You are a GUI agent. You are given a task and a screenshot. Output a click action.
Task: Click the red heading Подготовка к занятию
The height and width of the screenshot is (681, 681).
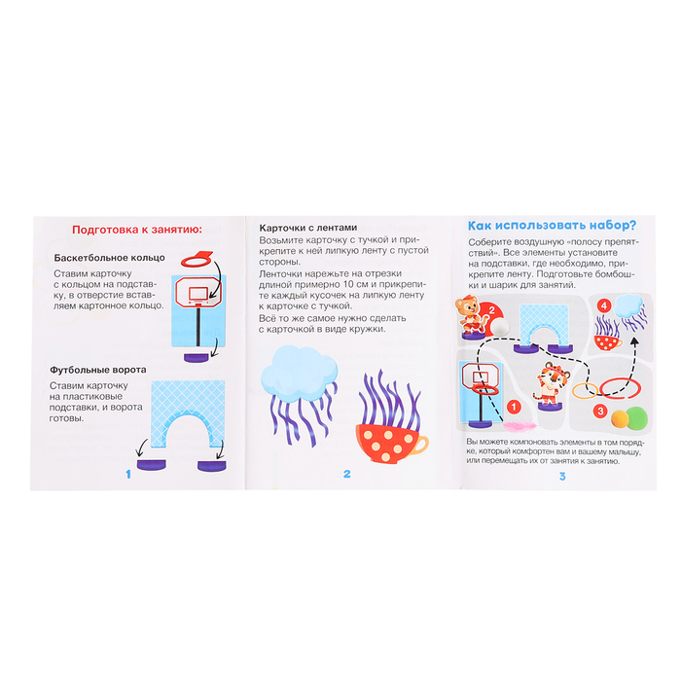click(137, 230)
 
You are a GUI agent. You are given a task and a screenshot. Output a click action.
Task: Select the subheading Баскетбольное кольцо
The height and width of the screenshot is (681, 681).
click(109, 258)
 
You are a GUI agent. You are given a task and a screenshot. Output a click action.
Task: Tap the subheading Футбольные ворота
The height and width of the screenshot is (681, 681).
click(97, 370)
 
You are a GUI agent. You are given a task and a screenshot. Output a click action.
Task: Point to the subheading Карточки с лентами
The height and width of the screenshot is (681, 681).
click(308, 228)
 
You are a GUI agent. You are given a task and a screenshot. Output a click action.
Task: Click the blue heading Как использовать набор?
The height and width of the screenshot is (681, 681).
click(552, 226)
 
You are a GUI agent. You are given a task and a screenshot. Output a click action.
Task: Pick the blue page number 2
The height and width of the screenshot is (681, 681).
click(346, 474)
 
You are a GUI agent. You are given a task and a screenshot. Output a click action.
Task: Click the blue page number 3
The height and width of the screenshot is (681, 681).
click(562, 477)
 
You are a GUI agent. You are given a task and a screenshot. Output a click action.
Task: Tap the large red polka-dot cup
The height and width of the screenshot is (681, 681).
click(390, 441)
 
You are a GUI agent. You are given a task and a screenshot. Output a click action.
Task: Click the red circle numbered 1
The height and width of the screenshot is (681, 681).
click(514, 407)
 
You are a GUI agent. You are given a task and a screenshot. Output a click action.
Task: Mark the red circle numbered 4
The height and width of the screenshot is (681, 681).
click(604, 305)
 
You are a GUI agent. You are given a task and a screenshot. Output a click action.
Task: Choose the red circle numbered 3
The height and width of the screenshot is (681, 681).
click(600, 411)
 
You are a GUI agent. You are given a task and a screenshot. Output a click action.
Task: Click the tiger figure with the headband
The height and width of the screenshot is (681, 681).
click(551, 383)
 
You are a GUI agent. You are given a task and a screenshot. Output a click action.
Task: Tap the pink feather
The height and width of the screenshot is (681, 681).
click(520, 426)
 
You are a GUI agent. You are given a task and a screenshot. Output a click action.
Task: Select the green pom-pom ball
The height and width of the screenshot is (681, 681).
click(636, 417)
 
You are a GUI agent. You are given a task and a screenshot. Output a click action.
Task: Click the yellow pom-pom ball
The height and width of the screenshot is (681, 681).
click(620, 418)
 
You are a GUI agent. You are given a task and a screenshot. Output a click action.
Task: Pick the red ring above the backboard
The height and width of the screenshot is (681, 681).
click(197, 262)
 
